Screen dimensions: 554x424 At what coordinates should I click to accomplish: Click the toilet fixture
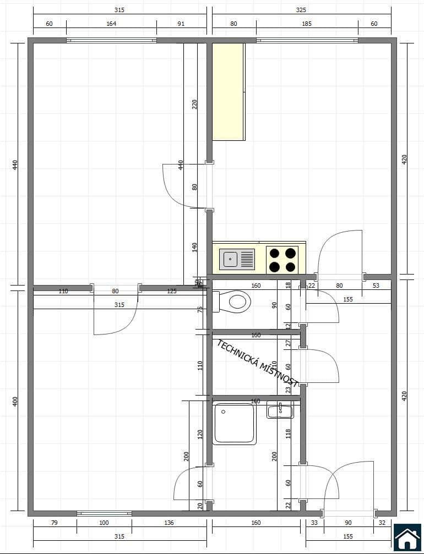coord(233,301)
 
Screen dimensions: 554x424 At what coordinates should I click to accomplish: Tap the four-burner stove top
coord(282,260)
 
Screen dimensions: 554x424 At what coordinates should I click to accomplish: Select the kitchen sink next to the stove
coord(237,259)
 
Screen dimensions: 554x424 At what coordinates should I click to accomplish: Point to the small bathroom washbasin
coord(280,410)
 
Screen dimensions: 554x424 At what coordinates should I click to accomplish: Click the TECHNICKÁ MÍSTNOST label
coord(258,364)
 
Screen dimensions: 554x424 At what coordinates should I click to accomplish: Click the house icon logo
coord(407,537)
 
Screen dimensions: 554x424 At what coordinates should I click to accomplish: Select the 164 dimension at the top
coord(111,24)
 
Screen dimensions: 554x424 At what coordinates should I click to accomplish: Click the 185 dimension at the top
coord(307,24)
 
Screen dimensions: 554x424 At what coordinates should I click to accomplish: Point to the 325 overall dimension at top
coord(301,10)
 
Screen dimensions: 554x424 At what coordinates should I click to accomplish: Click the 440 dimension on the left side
coord(15,164)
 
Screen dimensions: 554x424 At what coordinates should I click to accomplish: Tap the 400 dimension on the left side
coord(15,401)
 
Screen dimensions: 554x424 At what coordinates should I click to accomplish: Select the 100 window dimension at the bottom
coord(104,523)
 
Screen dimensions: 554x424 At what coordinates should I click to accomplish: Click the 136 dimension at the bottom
coord(168,523)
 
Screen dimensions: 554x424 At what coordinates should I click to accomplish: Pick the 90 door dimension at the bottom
coord(349,523)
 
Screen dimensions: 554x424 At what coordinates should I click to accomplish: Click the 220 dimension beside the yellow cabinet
coord(194,104)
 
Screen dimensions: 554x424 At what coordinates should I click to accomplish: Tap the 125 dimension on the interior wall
coord(172,291)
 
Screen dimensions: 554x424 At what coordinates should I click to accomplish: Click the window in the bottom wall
coord(104,513)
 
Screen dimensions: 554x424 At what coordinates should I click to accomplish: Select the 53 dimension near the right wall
coord(376,285)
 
